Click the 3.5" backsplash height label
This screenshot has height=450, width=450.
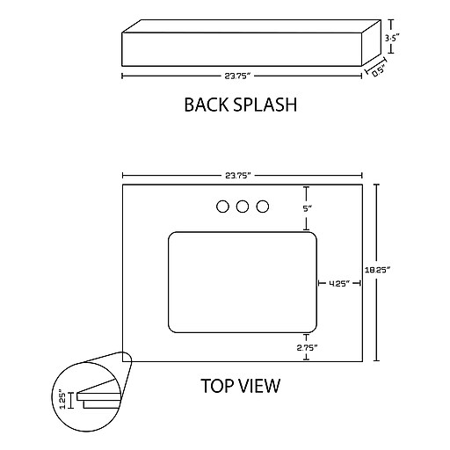click(392, 38)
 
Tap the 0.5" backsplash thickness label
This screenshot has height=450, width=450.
click(379, 71)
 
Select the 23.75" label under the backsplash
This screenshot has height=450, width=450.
click(238, 76)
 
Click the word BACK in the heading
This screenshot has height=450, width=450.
click(205, 105)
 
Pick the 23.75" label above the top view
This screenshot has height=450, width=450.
click(238, 176)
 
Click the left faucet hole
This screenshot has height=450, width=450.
click(222, 207)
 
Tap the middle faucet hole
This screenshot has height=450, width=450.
click(243, 207)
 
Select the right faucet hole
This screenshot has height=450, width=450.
click(263, 207)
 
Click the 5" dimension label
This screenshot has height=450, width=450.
click(307, 208)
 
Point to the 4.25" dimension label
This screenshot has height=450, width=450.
click(339, 283)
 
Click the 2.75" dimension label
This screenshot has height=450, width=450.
click(307, 348)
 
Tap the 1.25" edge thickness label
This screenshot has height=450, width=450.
click(62, 399)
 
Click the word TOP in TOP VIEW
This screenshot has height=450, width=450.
click(216, 386)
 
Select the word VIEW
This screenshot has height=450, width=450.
click(259, 386)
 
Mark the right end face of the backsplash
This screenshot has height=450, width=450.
click(372, 43)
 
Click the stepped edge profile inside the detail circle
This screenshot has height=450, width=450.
click(99, 400)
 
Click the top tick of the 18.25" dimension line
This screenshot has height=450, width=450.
click(376, 185)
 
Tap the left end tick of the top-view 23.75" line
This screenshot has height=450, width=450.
click(123, 176)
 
